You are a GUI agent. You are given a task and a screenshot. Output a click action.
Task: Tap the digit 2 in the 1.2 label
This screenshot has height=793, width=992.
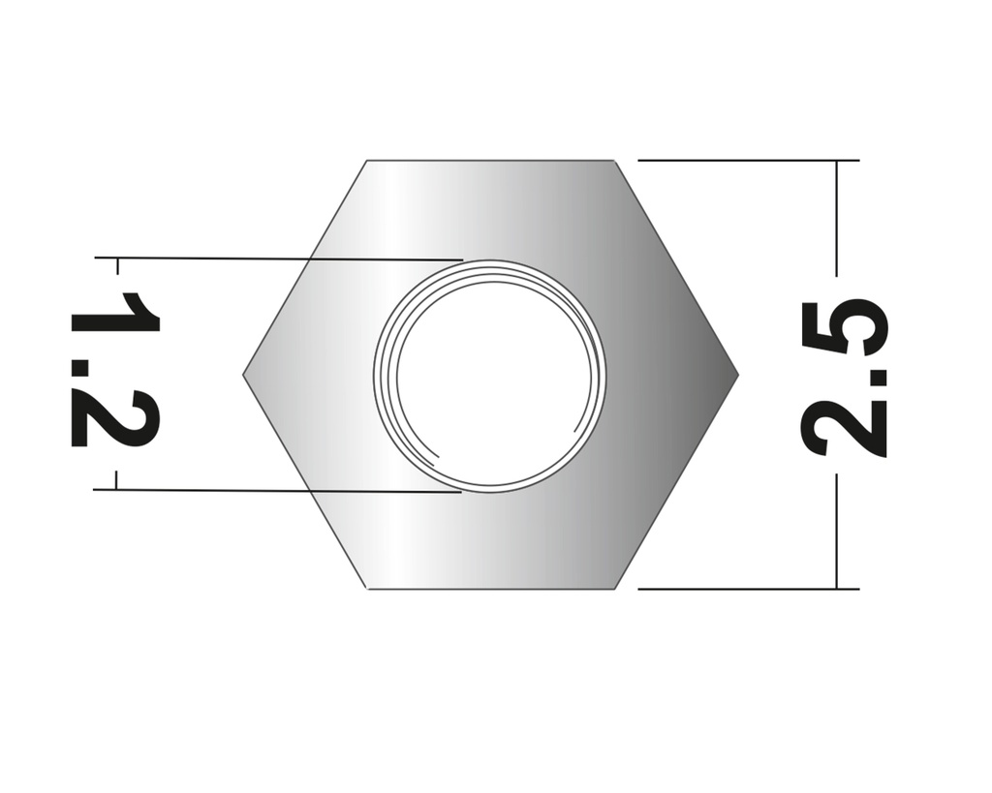point(114,419)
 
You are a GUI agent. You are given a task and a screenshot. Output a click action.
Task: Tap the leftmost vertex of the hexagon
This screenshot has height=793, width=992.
point(243,374)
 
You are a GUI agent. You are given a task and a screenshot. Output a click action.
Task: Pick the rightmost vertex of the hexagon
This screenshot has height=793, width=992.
point(738,374)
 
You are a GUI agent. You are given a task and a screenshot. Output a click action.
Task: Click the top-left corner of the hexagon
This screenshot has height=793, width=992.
point(367,161)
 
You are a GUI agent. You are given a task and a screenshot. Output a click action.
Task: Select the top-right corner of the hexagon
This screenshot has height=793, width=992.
point(614,161)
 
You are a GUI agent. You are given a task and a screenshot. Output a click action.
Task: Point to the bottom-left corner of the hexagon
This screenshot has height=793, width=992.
point(368,588)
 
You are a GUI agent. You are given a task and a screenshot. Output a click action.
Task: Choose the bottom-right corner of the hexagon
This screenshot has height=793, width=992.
point(615,588)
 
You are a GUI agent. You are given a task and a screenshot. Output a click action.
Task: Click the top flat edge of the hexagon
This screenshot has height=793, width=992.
point(490,161)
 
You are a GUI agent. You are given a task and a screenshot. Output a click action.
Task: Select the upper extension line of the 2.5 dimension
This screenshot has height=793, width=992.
point(746,160)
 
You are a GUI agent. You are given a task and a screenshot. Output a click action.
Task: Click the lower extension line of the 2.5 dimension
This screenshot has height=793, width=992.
point(746,588)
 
